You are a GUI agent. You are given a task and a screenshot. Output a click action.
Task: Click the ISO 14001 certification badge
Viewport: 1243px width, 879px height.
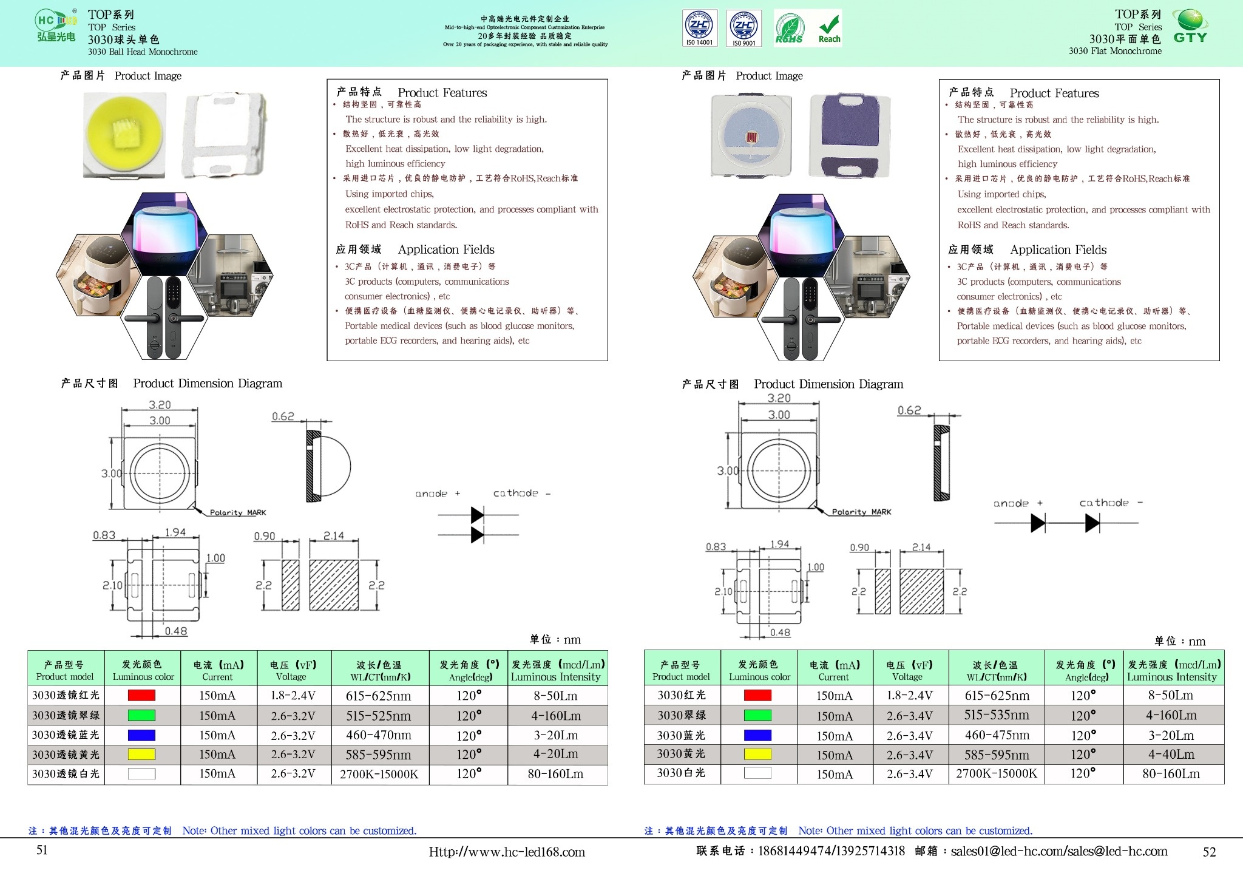tap(700, 28)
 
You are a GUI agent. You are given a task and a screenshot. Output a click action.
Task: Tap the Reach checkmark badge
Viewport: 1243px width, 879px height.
tap(829, 28)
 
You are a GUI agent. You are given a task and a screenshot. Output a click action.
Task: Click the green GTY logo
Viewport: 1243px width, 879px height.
tap(1190, 27)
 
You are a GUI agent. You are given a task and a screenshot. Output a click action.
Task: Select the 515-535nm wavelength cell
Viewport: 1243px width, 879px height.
tap(997, 715)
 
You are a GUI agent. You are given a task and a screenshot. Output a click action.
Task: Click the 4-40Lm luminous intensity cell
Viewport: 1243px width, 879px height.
tap(1171, 755)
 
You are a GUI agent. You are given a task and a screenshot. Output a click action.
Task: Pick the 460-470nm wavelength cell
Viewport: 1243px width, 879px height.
tap(379, 735)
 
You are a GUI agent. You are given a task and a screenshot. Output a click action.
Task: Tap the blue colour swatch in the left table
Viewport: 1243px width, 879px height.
tap(141, 735)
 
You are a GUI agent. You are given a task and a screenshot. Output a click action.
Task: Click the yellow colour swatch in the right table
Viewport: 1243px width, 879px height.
tap(757, 755)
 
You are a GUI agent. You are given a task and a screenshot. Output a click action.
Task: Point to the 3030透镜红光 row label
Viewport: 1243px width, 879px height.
tap(66, 696)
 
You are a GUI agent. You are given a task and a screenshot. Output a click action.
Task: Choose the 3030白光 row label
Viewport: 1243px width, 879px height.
tap(681, 773)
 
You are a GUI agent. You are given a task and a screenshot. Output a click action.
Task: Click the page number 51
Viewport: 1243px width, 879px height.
tap(42, 850)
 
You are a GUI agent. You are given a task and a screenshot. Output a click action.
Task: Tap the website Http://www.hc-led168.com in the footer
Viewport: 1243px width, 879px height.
tap(507, 852)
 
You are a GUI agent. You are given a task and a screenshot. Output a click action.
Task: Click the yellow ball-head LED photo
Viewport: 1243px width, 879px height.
tap(124, 135)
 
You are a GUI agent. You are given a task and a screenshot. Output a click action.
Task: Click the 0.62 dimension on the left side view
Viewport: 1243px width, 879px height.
tap(283, 416)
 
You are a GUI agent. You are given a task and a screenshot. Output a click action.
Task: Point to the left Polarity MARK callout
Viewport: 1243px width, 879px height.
tap(237, 513)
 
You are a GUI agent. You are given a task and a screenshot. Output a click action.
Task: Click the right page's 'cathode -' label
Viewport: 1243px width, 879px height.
tap(1111, 503)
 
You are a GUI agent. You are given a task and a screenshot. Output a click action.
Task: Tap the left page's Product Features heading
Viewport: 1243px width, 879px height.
tap(442, 93)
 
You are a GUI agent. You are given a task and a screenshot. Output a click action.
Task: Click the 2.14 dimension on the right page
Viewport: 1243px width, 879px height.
tap(921, 548)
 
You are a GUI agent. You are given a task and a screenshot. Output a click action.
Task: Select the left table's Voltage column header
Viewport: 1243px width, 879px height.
tap(294, 671)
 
